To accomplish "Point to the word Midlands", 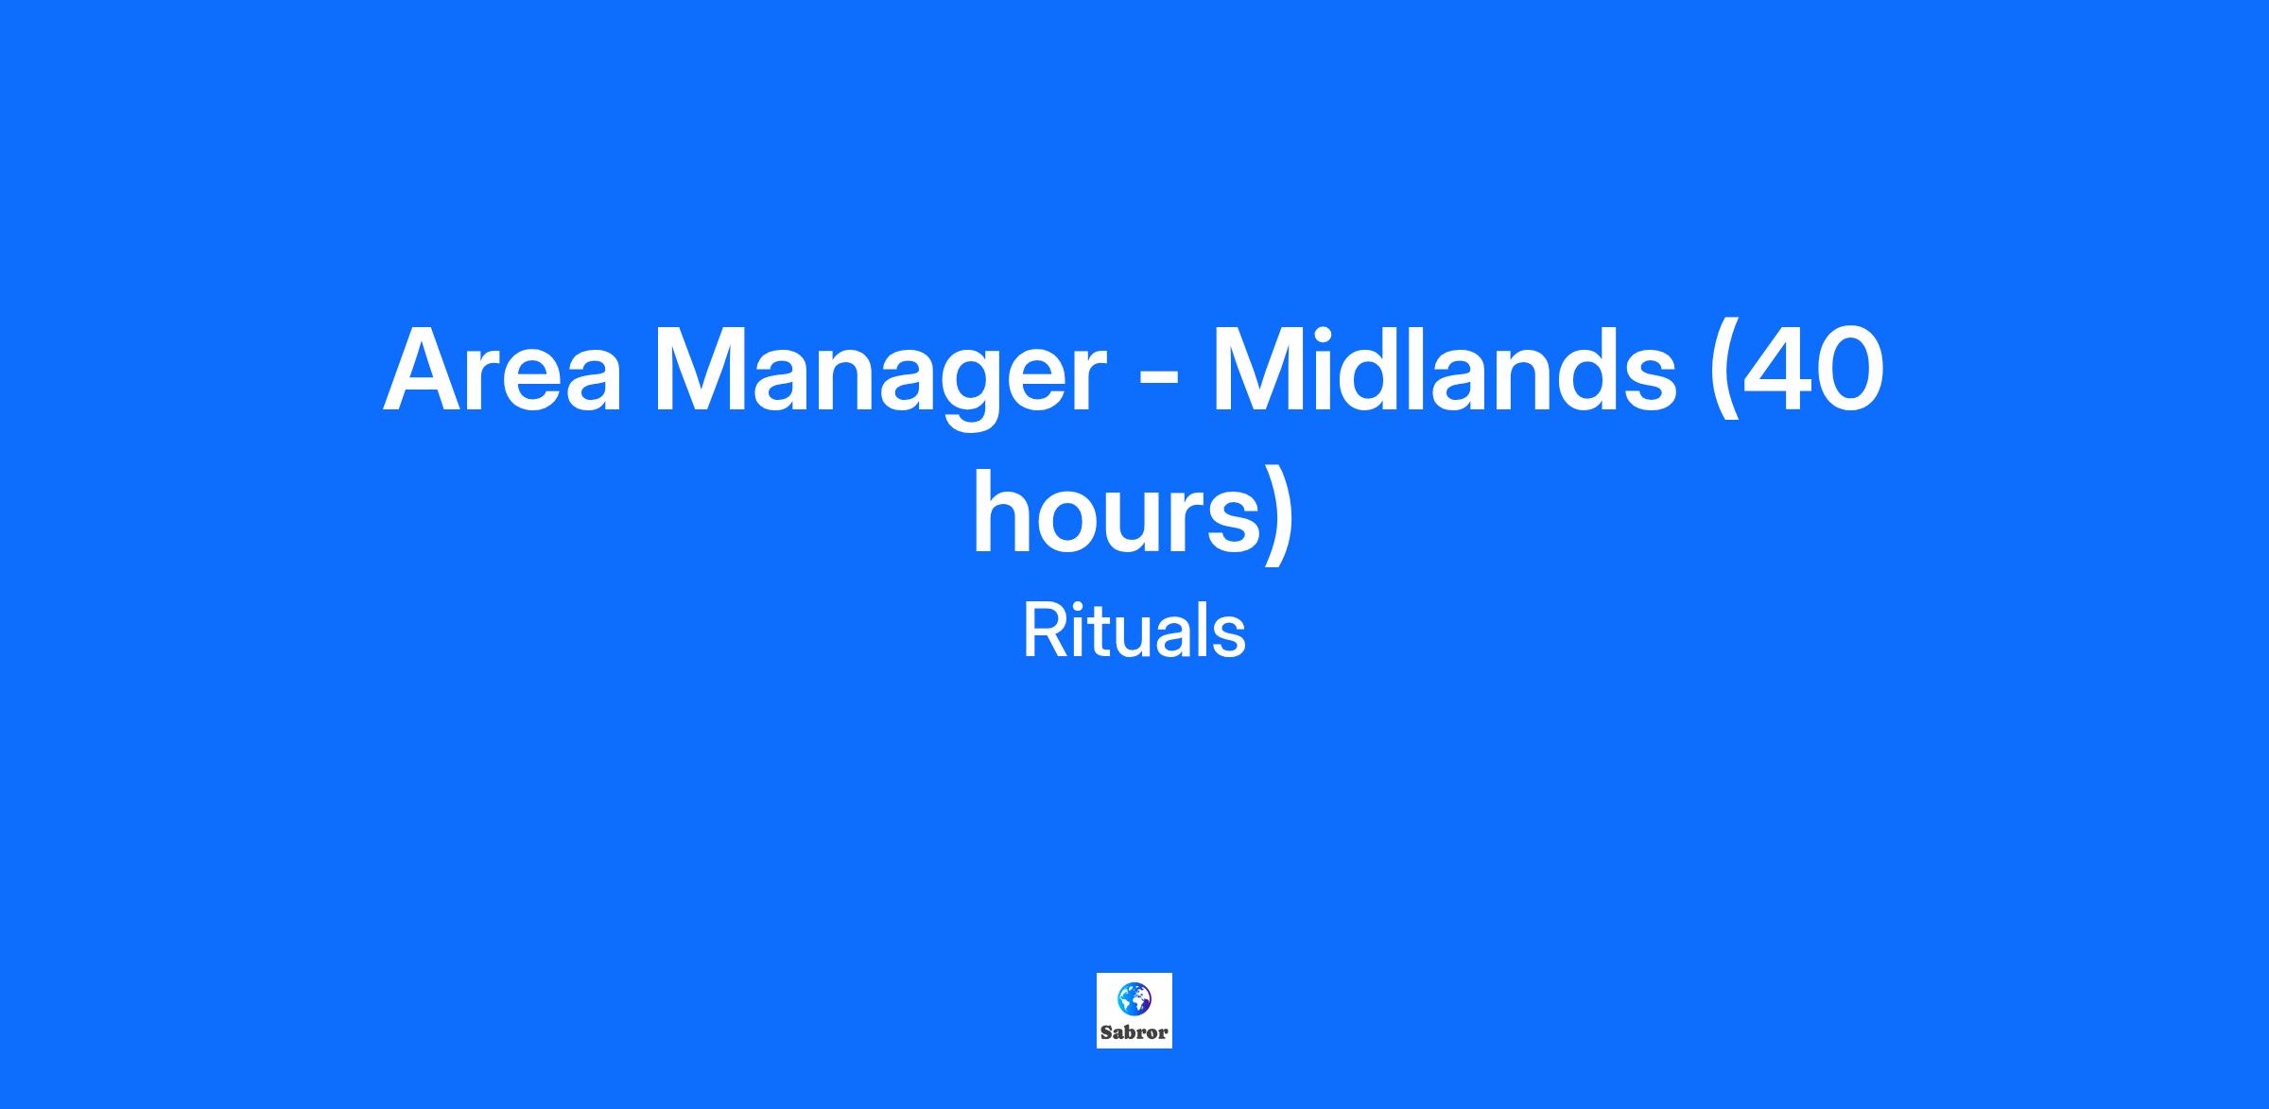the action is (1444, 369).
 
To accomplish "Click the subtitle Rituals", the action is (1134, 632).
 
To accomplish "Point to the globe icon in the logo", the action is (1134, 997).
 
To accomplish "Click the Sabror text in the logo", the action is (1134, 1032).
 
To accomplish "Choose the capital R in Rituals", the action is (1044, 632).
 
